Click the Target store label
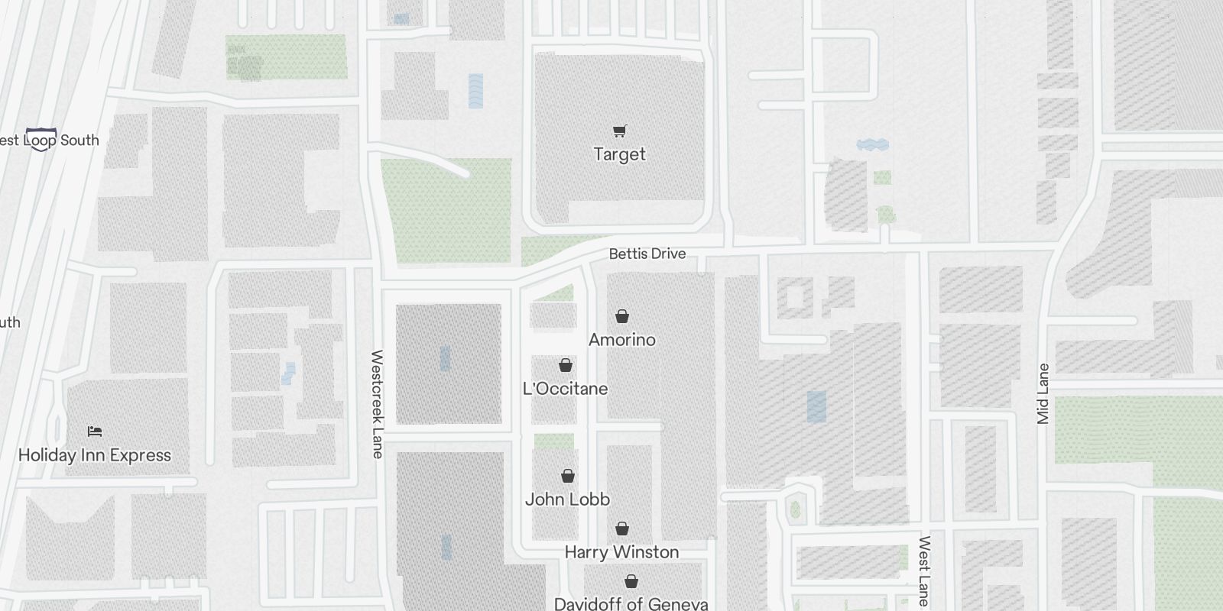coord(619,154)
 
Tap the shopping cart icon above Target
coord(619,131)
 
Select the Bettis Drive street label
coord(647,254)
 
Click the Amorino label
coord(621,340)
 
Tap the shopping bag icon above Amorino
coord(622,316)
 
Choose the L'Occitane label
coord(565,389)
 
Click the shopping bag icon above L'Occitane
coord(566,365)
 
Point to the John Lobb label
coord(567,499)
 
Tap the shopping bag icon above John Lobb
coord(568,477)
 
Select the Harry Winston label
coord(621,552)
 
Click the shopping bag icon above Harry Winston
coord(622,529)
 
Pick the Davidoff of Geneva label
coord(631,604)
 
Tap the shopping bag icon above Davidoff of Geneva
coord(631,582)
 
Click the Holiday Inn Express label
coord(94,455)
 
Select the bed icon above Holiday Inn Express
coord(95,432)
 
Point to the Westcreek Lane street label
coord(377,404)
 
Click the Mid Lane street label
coord(1043,394)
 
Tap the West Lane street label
coord(924,571)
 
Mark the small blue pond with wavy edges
coord(872,144)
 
